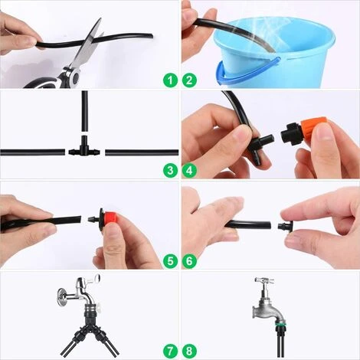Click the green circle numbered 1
(x=170, y=80)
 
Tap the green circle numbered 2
(x=189, y=80)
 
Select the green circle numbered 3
(x=170, y=171)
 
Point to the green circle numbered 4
(x=189, y=171)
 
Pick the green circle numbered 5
(x=170, y=261)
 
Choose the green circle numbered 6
(x=189, y=261)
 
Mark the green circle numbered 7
(x=170, y=351)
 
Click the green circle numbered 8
(x=189, y=351)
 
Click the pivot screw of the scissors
(x=74, y=77)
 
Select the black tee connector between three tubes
(x=84, y=149)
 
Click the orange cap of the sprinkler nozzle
(x=313, y=127)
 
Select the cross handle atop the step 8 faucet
(x=264, y=280)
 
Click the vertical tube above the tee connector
(x=85, y=111)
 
